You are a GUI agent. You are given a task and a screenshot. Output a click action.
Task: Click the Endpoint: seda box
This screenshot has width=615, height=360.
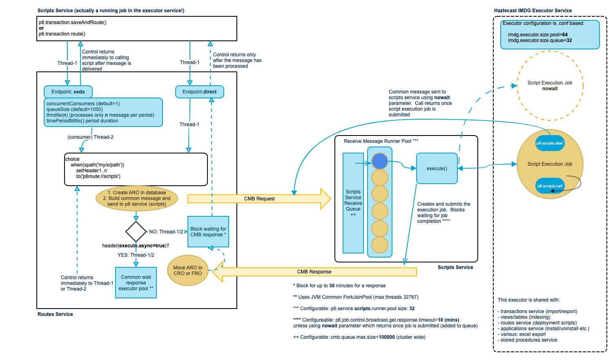68,92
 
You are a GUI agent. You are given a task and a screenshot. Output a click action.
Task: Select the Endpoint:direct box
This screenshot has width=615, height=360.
199,92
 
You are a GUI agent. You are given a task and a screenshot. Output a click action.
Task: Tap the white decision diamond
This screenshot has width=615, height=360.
136,232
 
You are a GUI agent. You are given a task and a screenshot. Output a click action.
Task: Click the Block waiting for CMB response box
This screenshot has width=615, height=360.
208,232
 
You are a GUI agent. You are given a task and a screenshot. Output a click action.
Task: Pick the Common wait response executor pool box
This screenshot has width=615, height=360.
136,282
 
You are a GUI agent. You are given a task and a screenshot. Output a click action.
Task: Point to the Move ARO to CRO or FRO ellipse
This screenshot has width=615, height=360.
188,271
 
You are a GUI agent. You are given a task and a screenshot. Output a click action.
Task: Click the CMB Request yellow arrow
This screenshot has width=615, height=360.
259,199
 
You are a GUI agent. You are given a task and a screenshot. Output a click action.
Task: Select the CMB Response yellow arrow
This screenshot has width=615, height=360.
314,272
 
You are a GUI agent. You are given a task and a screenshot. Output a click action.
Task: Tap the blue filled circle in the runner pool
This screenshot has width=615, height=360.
380,161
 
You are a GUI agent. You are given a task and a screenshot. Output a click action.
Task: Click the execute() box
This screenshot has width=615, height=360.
437,169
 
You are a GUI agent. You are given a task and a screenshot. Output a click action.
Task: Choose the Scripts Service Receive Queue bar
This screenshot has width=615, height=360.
353,203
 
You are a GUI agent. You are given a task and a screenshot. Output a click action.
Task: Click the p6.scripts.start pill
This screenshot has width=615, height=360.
550,143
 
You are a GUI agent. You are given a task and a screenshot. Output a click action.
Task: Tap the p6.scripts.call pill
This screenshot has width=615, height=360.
550,186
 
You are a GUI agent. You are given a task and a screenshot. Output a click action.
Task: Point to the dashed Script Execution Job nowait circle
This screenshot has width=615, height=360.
550,86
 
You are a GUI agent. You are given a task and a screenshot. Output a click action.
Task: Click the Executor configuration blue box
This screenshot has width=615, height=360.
550,35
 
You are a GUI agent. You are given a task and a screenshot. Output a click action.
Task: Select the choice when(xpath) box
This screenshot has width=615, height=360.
136,169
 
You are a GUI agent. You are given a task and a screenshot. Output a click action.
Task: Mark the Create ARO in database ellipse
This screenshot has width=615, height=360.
137,198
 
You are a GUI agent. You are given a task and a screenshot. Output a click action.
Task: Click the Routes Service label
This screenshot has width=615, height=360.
55,314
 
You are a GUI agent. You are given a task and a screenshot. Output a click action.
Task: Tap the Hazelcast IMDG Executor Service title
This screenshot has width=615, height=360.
533,11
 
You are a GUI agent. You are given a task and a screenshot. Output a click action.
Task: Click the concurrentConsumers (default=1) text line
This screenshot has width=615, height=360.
83,104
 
